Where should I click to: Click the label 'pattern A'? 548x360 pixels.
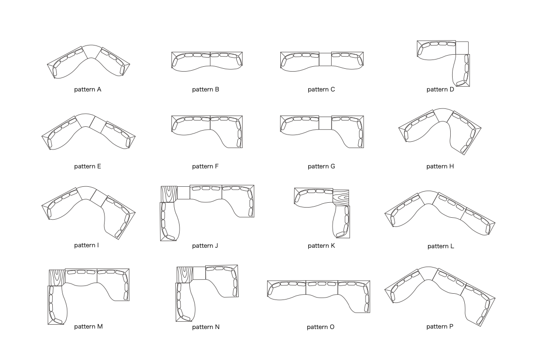pos(88,90)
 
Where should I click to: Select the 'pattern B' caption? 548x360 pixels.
pos(205,90)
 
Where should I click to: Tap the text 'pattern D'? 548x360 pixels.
pos(440,90)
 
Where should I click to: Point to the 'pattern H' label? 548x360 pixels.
pos(440,166)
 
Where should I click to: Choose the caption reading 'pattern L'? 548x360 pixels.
pos(441,246)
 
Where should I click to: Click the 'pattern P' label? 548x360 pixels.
pos(440,327)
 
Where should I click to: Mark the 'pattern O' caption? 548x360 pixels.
pos(320,327)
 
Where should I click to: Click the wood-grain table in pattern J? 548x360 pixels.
pos(168,194)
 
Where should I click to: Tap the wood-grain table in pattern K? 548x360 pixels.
pos(341,198)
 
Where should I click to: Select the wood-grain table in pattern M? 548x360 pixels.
pos(57,277)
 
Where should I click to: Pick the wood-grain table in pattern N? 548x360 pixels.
pos(184,274)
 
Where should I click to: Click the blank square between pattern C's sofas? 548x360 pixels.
pos(325,59)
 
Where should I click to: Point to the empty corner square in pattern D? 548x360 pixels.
pos(462,47)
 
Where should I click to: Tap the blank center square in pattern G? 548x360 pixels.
pos(325,123)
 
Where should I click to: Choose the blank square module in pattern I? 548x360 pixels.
pos(98,197)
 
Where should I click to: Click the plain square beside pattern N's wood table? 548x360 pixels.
pos(199,273)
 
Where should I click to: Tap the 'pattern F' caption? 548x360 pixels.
pos(205,166)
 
